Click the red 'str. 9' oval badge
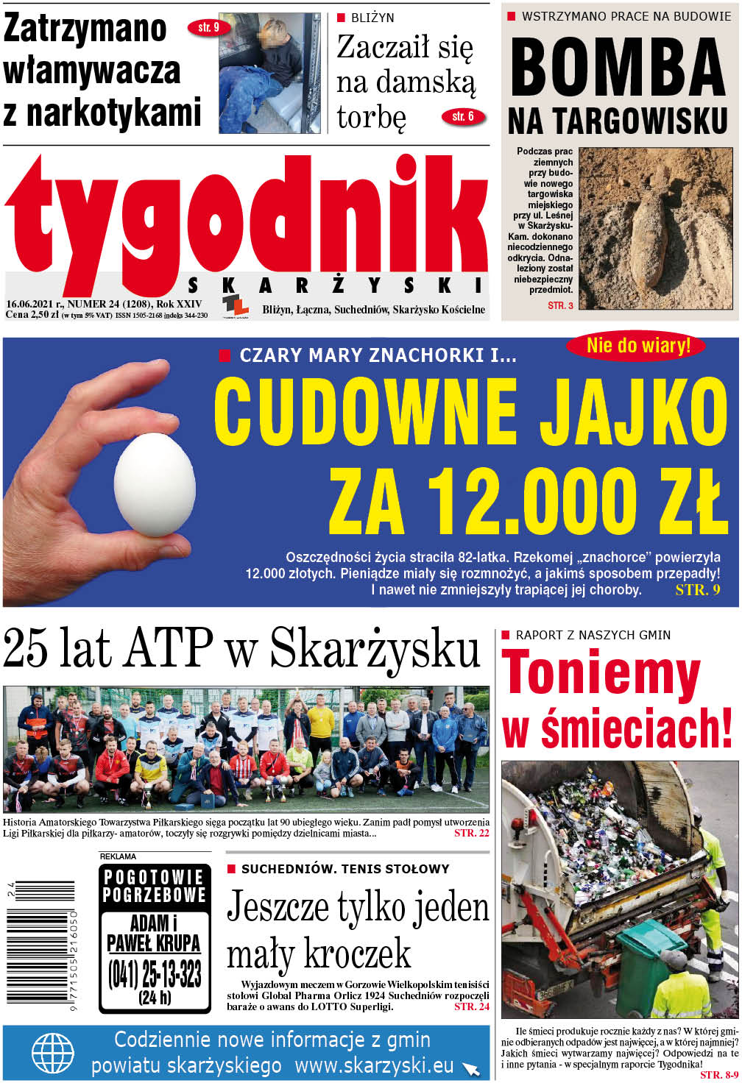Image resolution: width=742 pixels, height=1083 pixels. pyautogui.click(x=208, y=28)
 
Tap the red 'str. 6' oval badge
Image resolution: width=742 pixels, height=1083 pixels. pyautogui.click(x=463, y=116)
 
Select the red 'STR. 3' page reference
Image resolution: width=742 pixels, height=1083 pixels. pyautogui.click(x=560, y=305)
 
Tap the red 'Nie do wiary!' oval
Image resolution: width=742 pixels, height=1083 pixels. pyautogui.click(x=637, y=345)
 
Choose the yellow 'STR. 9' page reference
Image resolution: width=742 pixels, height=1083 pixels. pyautogui.click(x=697, y=590)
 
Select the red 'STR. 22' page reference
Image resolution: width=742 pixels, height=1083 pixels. pyautogui.click(x=471, y=833)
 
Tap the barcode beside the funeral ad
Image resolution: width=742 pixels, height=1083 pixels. pyautogui.click(x=40, y=945)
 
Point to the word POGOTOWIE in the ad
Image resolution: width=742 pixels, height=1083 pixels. pyautogui.click(x=153, y=877)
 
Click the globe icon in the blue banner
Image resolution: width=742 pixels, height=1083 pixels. pyautogui.click(x=53, y=1054)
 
